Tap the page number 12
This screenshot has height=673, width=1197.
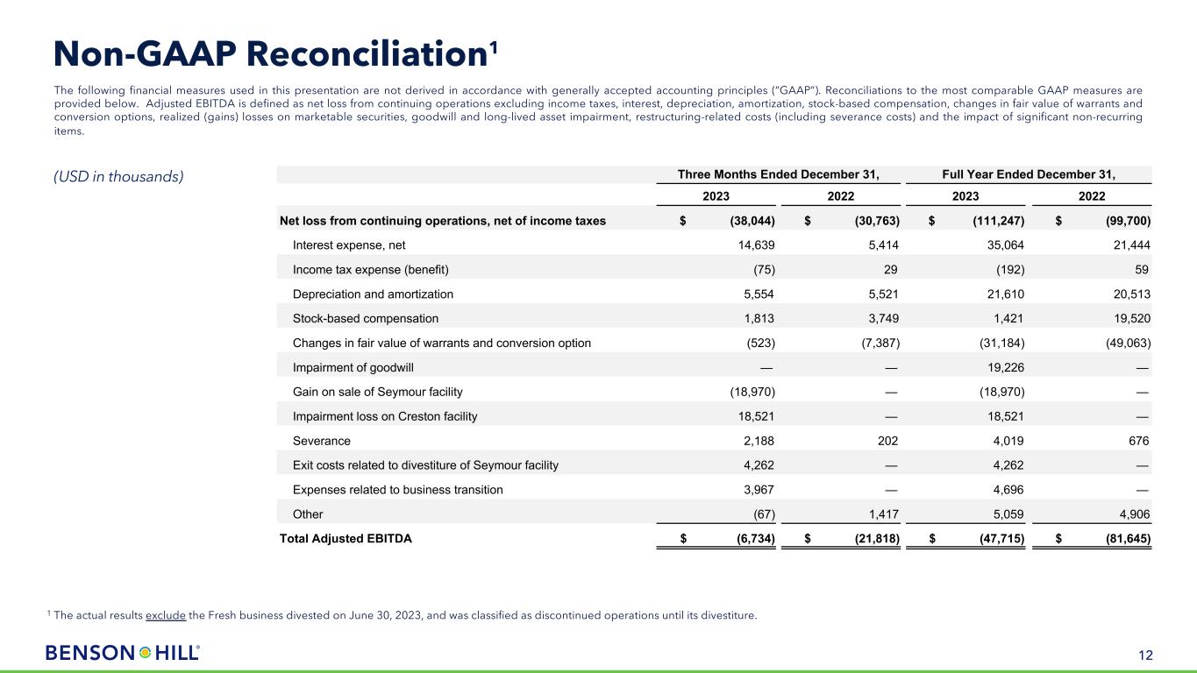pos(1145,654)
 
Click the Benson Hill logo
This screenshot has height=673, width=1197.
pos(123,653)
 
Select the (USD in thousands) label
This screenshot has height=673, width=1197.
pos(119,176)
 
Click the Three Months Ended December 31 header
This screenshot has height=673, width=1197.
pos(778,174)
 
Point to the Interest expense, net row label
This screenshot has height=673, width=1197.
pos(349,245)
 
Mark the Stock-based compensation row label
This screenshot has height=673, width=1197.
pos(366,319)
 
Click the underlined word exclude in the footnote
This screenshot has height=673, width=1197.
pos(166,615)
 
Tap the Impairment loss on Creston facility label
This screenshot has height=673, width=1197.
pos(385,417)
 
